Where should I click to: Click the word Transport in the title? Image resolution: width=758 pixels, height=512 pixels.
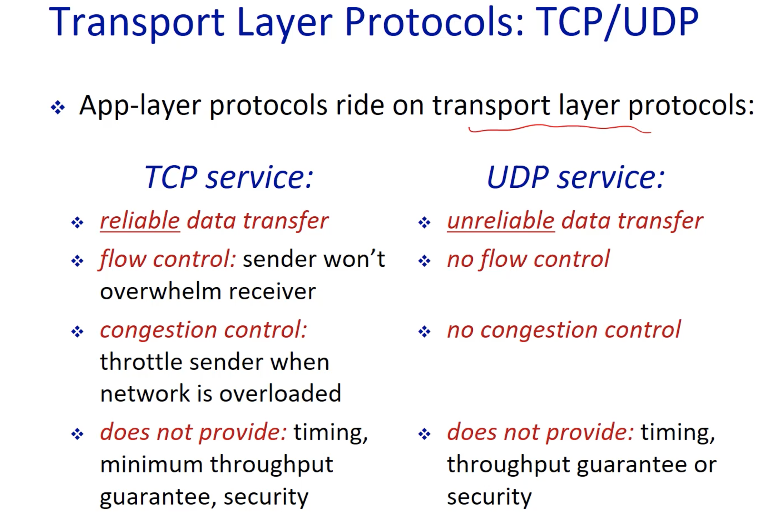[x=137, y=23]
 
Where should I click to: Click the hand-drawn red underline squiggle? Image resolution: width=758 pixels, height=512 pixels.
[x=560, y=129]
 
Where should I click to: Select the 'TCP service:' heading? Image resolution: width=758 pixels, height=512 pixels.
[x=229, y=177]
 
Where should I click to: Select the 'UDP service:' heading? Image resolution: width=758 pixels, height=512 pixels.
[x=576, y=177]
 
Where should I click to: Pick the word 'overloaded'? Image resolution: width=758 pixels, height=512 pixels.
[x=280, y=393]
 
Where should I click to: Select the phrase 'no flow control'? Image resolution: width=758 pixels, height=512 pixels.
[x=528, y=259]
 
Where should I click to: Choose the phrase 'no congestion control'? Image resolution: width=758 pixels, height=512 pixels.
[x=564, y=329]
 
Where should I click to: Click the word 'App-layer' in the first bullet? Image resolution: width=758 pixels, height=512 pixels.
[x=140, y=106]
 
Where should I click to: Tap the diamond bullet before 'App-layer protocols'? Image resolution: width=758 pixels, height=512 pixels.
[x=58, y=107]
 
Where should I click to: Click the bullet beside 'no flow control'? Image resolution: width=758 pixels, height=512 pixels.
[x=424, y=261]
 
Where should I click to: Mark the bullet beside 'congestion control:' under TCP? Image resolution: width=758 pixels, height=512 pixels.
[x=77, y=331]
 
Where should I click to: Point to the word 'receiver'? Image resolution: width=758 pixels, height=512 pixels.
[x=272, y=291]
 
